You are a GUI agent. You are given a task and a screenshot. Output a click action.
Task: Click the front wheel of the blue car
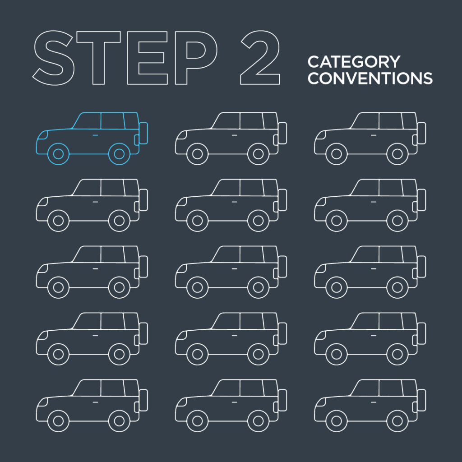(58, 154)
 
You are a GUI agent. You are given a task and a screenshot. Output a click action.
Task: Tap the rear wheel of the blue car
(119, 154)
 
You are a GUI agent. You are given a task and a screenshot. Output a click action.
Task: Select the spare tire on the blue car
(143, 133)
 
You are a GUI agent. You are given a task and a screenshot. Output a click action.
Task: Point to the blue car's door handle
(95, 135)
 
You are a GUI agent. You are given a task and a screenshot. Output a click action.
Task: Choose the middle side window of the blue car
(112, 120)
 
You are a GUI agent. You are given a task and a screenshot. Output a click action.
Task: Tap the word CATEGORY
(353, 61)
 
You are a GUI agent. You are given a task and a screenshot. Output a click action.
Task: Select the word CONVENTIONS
(370, 79)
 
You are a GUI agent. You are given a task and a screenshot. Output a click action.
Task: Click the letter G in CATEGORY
(356, 61)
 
